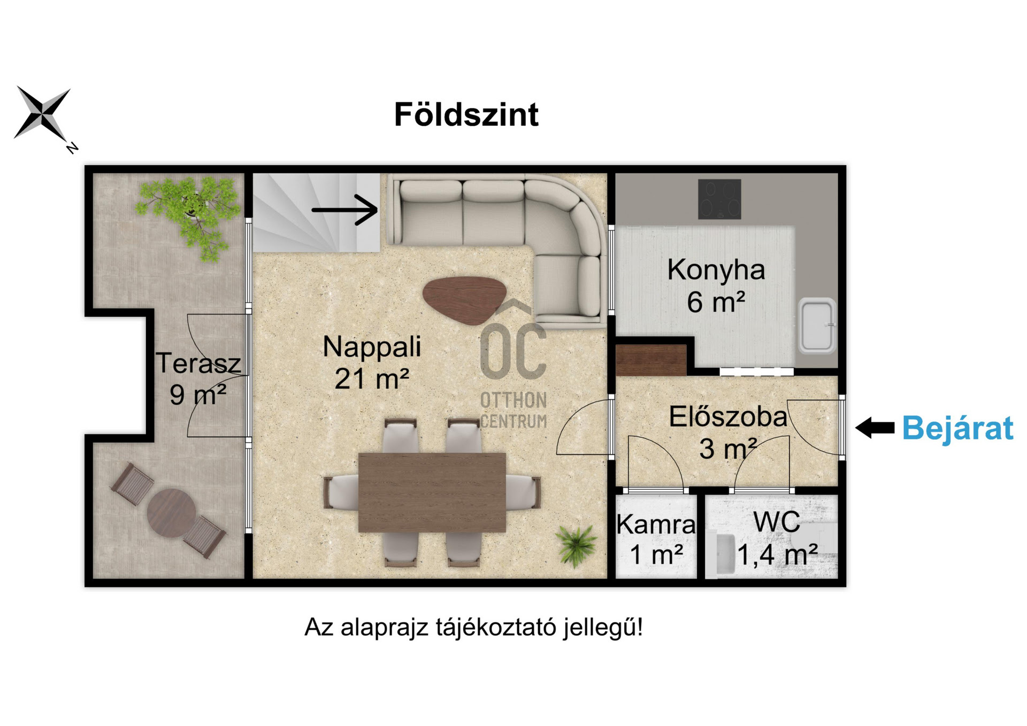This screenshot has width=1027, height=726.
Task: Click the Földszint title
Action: coord(466,114)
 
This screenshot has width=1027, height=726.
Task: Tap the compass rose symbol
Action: coord(42,114)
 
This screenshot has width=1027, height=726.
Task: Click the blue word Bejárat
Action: coord(957,428)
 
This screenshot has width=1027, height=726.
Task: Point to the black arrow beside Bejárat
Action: coord(875,428)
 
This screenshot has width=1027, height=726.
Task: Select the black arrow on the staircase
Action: coord(345,210)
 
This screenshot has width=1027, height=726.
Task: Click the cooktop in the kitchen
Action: coord(719,199)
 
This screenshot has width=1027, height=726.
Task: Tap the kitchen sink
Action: coord(816,326)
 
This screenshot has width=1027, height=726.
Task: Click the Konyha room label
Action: coord(716,269)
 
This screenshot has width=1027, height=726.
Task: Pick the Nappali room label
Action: coord(372,346)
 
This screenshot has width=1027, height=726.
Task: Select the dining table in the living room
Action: coord(432,492)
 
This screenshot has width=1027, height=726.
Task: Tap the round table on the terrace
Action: coord(171,513)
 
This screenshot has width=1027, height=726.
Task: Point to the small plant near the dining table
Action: coord(576,544)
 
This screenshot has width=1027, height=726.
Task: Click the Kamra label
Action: coord(656,524)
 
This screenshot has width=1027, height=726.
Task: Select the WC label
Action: coord(777,522)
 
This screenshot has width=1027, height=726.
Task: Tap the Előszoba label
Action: coord(728,417)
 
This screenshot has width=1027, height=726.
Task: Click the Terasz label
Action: coord(198,364)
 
